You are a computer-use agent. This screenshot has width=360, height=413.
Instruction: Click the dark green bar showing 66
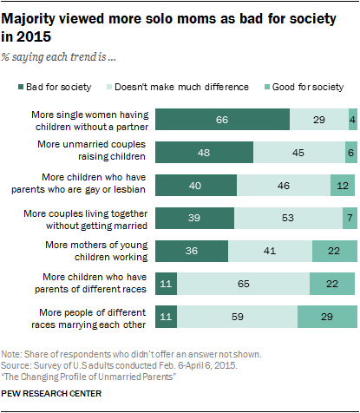coord(222,121)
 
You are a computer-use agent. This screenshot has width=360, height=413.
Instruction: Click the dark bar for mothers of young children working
coord(191,251)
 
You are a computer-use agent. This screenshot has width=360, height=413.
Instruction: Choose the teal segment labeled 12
coord(344,186)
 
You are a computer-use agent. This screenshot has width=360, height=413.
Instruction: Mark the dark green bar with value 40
coord(195,186)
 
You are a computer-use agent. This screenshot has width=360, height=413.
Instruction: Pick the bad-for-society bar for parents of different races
coord(165,284)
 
